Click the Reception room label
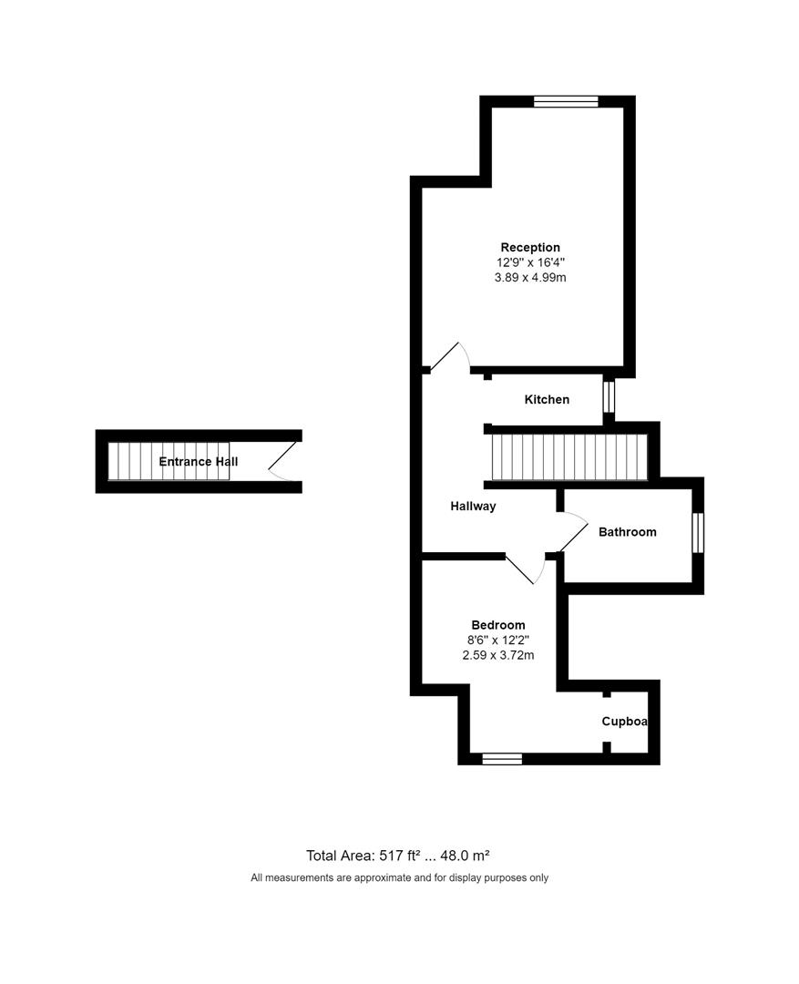coord(530,247)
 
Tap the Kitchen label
coord(547,399)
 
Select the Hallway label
coord(473,506)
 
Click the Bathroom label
coord(627,532)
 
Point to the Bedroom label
coord(497,624)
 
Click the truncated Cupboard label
coord(625,721)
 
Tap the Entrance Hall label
coord(198,462)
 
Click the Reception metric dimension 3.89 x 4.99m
coord(530,277)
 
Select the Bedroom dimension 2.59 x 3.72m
coord(497,654)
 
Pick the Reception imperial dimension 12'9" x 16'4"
coord(530,262)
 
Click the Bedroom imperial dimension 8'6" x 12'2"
coord(497,640)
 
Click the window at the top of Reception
coord(566,101)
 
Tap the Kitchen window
coord(609,397)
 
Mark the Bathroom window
coord(698,533)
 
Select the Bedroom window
coord(502,758)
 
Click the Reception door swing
coord(449,358)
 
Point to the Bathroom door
coord(572,532)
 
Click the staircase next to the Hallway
coord(568,456)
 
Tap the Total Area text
coord(399,855)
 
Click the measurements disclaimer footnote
coord(399,878)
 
